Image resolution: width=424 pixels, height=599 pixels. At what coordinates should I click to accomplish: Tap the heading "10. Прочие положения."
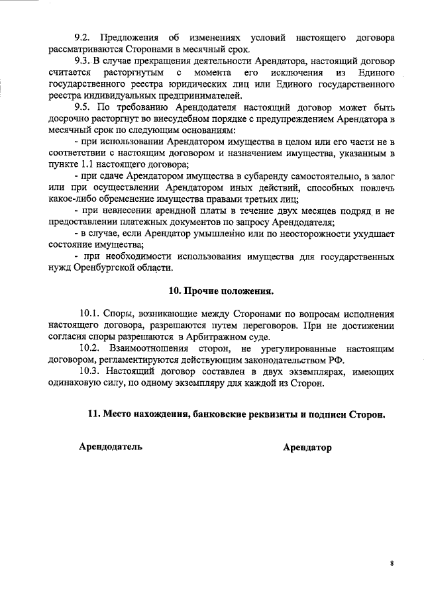coord(221,291)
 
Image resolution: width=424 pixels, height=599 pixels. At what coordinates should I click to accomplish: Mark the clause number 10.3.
coord(90,371)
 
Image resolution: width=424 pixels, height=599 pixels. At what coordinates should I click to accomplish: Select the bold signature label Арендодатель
coord(111,447)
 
